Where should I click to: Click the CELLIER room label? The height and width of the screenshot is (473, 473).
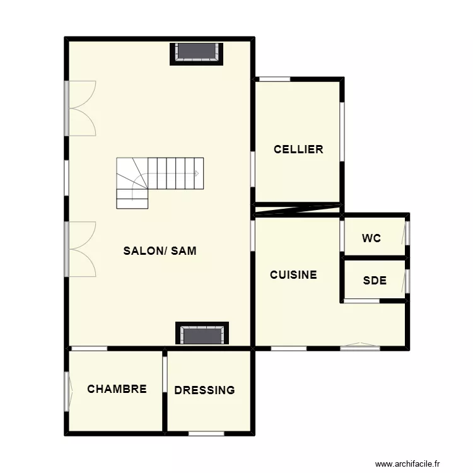(298, 149)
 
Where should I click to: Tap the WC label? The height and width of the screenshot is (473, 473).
(371, 238)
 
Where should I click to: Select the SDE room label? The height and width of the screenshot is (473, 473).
(375, 281)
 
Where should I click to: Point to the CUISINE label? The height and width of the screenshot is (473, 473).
(293, 275)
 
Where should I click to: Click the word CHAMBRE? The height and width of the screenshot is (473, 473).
(117, 389)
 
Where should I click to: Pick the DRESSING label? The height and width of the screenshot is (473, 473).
(204, 390)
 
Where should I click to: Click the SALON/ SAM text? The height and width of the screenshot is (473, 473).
(160, 250)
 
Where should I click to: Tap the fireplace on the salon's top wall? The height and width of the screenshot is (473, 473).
(196, 54)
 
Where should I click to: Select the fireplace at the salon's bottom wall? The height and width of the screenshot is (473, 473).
(202, 333)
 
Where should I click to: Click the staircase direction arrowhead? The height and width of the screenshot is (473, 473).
(197, 173)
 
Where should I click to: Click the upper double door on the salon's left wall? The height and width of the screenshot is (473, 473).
(80, 108)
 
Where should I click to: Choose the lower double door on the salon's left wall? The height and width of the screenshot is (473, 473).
(80, 249)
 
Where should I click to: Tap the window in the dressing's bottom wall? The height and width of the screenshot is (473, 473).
(206, 433)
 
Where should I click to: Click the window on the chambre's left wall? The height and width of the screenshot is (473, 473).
(67, 392)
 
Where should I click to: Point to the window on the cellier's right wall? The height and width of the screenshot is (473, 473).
(342, 132)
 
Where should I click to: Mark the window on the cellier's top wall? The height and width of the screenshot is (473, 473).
(275, 79)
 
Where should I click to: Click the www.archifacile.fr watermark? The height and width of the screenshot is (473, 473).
(407, 464)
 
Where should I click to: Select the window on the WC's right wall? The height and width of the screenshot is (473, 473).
(407, 233)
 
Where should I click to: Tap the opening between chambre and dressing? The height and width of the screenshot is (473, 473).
(165, 375)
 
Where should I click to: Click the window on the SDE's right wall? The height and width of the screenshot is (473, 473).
(407, 281)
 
